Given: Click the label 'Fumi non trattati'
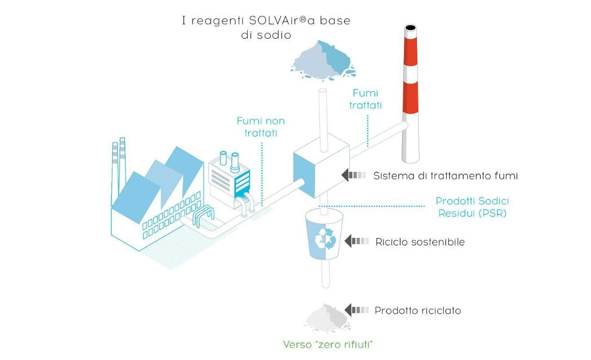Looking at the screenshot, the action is pyautogui.click(x=261, y=127).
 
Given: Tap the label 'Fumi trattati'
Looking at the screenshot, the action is pyautogui.click(x=365, y=99).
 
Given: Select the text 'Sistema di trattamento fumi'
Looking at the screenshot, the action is pyautogui.click(x=445, y=176).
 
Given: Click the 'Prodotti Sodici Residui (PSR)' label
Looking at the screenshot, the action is pyautogui.click(x=472, y=207).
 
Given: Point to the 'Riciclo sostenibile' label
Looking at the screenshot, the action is pyautogui.click(x=420, y=242).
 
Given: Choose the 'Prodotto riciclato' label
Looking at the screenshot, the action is pyautogui.click(x=417, y=311).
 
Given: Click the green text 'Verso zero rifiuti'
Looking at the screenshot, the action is pyautogui.click(x=328, y=344).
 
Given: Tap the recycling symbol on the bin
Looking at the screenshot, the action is pyautogui.click(x=325, y=239).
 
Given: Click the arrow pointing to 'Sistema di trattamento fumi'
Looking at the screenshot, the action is pyautogui.click(x=353, y=175).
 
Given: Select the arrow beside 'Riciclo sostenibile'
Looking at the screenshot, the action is pyautogui.click(x=356, y=241).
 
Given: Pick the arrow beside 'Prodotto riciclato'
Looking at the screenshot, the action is pyautogui.click(x=356, y=310).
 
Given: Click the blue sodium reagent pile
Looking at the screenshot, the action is pyautogui.click(x=323, y=60).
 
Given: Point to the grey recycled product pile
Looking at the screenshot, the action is pyautogui.click(x=327, y=318).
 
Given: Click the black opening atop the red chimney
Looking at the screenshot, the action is pyautogui.click(x=411, y=27).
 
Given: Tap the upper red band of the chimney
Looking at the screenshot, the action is pyautogui.click(x=410, y=52).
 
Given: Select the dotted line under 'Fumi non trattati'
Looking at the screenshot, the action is pyautogui.click(x=262, y=174).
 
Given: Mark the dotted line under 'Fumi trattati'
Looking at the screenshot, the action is pyautogui.click(x=368, y=131).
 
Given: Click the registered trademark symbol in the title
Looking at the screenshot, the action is pyautogui.click(x=304, y=19).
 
